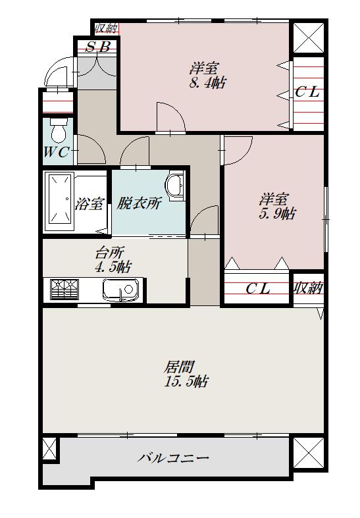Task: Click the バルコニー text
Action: [174, 458]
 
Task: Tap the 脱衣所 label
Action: [139, 203]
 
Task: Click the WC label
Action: [56, 153]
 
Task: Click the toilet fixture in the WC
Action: [58, 132]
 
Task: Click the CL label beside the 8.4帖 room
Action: [307, 93]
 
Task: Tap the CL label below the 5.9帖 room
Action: [258, 288]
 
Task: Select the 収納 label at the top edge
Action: [106, 28]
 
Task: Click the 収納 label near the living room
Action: [308, 288]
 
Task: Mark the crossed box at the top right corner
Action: [307, 38]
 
